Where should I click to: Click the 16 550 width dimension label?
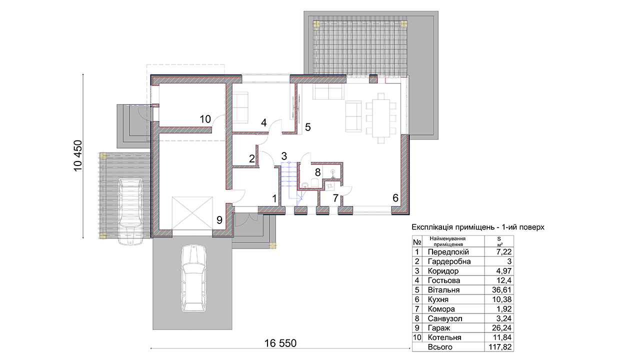tap(280, 343)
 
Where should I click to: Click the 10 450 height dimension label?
tap(77, 155)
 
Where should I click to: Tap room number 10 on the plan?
tap(205, 119)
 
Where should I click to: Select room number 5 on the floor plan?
tap(307, 127)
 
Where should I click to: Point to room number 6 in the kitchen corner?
tap(395, 197)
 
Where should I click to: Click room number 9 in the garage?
tap(219, 220)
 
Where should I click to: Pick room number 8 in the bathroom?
tap(317, 172)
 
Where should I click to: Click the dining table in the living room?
tap(381, 118)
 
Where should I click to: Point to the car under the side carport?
tap(130, 211)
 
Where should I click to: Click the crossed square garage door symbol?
tap(192, 213)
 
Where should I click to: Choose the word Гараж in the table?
tap(439, 327)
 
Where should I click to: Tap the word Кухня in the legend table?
tap(438, 299)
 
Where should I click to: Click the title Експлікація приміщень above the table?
tap(453, 227)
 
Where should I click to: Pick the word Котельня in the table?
tap(444, 337)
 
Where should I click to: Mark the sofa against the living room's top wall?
tap(328, 91)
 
